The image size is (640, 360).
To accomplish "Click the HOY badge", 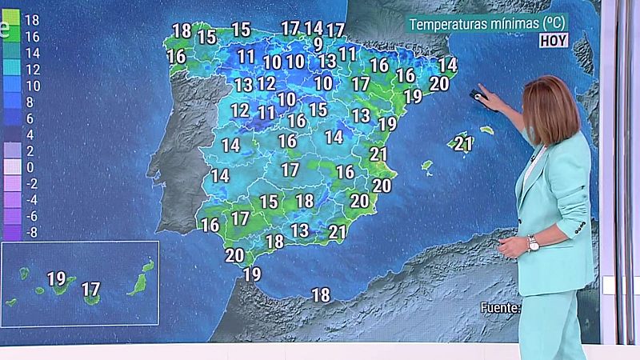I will coord(554,40).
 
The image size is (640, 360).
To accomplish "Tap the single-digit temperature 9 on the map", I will coord(318,44).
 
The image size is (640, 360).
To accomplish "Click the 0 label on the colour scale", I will coord(30,167).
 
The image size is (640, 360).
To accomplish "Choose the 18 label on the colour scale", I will coord(32,18).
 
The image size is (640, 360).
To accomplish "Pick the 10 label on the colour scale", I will coord(32,85).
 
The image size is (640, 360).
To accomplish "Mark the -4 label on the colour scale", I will coord(32,200).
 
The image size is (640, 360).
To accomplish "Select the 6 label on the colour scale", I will coord(30,118).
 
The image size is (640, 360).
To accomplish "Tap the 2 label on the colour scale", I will coord(30,150).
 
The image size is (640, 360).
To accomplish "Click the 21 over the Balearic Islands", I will coord(462,144).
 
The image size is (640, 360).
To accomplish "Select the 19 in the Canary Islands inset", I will coord(56,279).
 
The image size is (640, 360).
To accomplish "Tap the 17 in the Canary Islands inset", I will coord(91,288).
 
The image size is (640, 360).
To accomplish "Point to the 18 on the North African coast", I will coord(321,295).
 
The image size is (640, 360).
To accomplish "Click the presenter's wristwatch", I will coord(534,242).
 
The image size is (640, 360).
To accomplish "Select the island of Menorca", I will coord(486,130).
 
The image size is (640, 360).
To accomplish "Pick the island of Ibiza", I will coord(427,168).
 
